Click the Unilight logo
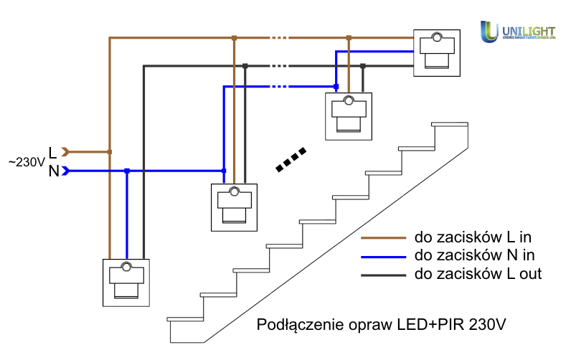(x=517, y=32)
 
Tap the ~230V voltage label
(x=27, y=163)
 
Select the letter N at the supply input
(x=53, y=171)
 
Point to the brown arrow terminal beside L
(x=66, y=152)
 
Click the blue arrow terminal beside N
(x=66, y=171)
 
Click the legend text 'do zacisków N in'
(x=474, y=255)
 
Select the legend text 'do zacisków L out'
(x=478, y=274)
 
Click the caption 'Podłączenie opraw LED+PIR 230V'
(x=382, y=324)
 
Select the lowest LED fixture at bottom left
(x=126, y=281)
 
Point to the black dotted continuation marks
(x=292, y=161)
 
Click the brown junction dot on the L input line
(x=109, y=152)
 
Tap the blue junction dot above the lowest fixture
(x=127, y=171)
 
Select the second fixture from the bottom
(x=234, y=207)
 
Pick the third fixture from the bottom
(x=349, y=116)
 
